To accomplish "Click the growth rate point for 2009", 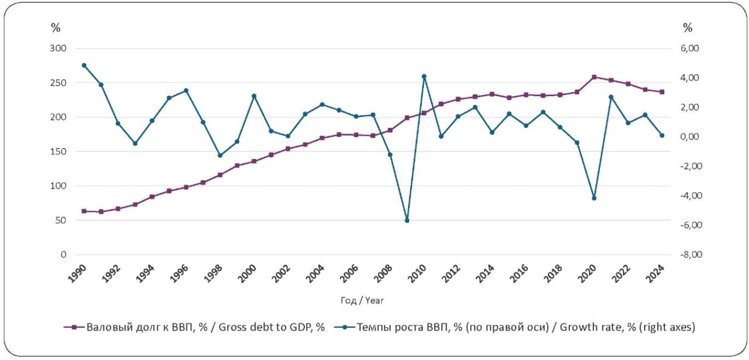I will click(407, 221).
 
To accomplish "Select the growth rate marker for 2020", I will click(594, 198).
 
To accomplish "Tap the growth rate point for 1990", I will click(84, 66).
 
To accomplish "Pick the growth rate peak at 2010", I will click(424, 77).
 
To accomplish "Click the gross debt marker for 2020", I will click(594, 77).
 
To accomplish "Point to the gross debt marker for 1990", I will click(84, 211).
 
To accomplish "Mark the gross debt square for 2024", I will click(662, 92).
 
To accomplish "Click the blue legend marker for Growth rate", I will click(345, 327).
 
